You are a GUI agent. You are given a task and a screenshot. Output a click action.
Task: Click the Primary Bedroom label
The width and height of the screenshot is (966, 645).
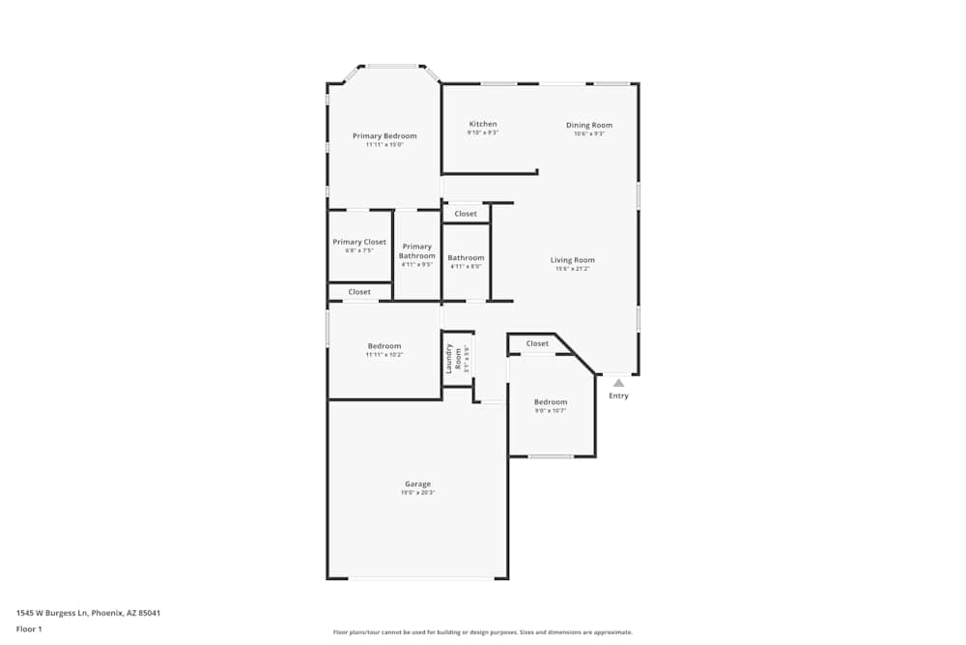point(384,136)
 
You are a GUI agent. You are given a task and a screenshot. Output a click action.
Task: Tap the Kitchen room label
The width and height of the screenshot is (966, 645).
point(483,124)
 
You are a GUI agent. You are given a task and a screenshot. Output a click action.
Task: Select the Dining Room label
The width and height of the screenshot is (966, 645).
point(588,125)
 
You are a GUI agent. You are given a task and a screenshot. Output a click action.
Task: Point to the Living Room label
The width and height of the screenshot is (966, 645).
point(572,259)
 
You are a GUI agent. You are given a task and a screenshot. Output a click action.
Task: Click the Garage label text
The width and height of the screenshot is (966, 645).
point(417,484)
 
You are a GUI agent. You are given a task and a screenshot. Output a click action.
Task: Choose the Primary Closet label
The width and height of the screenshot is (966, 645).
point(359,242)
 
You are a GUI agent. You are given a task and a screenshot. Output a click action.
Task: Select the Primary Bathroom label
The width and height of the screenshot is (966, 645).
point(417,250)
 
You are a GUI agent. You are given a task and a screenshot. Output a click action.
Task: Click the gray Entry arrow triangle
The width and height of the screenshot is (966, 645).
point(618,383)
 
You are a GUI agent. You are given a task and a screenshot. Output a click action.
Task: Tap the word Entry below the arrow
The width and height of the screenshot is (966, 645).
point(618,396)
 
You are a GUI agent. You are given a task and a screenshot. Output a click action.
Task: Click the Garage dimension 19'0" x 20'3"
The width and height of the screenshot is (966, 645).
point(417,493)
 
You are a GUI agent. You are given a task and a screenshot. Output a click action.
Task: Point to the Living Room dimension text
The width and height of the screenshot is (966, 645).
point(572,269)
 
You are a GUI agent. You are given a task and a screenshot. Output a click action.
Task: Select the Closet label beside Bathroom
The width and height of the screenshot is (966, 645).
point(466,214)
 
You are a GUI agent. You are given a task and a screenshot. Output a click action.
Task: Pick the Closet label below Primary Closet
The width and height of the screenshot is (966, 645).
point(359,291)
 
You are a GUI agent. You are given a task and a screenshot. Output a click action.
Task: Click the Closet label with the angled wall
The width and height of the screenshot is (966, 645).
point(537,343)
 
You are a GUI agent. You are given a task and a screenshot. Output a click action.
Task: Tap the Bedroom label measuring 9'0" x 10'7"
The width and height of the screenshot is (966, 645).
point(551,401)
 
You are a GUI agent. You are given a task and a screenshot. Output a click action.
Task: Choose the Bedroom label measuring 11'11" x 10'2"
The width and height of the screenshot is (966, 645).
point(384,346)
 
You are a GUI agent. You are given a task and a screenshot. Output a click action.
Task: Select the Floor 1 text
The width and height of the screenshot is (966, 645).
point(29,629)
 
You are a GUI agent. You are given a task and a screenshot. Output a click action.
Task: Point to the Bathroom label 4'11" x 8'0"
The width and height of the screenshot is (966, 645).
point(466,258)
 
